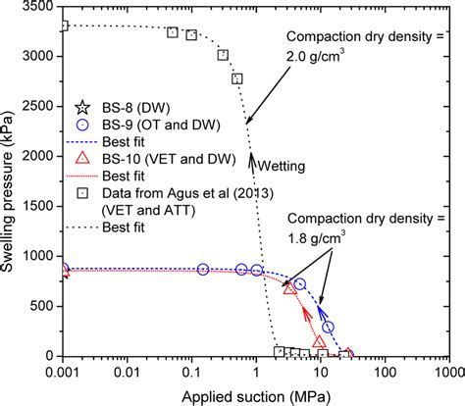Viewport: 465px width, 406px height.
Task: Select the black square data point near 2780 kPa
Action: (236, 78)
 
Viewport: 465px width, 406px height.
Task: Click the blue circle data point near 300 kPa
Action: (329, 327)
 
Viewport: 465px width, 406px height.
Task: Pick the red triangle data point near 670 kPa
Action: (288, 288)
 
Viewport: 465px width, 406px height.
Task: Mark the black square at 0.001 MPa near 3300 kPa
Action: (63, 25)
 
